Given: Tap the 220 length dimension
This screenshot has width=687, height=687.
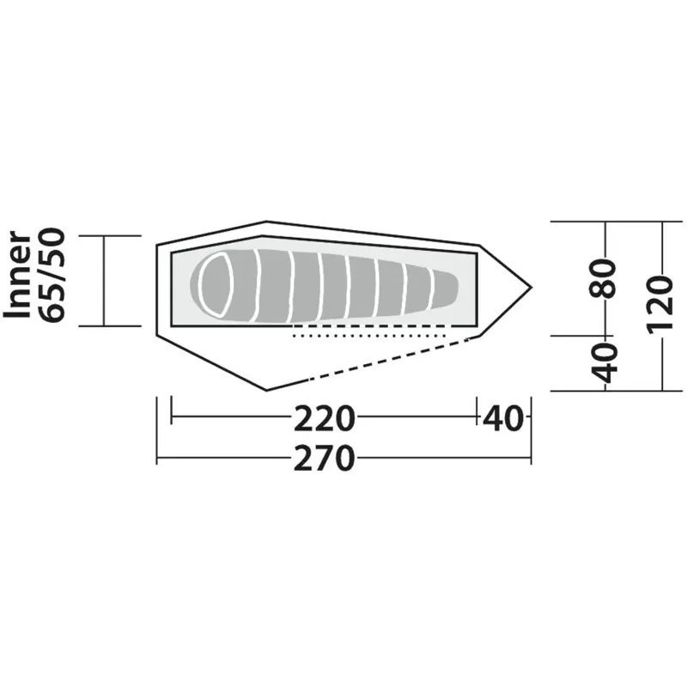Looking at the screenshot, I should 324,419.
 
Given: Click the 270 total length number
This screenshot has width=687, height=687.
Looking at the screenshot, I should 324,459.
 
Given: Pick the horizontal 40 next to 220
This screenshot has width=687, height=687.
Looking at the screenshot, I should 503,419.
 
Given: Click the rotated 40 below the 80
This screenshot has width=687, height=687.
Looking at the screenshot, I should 605,362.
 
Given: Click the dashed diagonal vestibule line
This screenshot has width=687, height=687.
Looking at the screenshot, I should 386,361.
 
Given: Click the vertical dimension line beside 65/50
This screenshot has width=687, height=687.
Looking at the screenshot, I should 104,281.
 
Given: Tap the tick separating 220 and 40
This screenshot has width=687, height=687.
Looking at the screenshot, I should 478,418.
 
